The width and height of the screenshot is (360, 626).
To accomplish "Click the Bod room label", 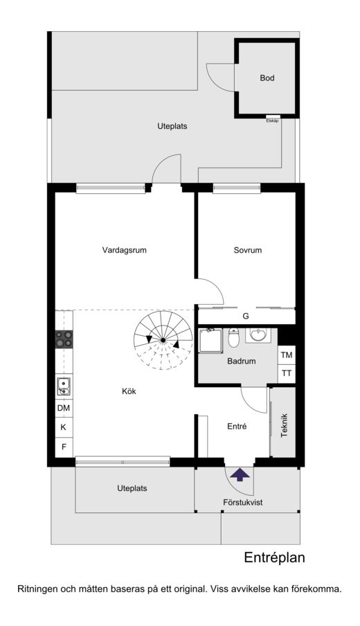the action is click(x=267, y=78).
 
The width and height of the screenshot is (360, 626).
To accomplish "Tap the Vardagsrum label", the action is click(x=124, y=250).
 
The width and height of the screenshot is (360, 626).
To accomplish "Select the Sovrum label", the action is click(x=247, y=250).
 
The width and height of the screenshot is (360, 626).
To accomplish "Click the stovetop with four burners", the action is click(x=64, y=339).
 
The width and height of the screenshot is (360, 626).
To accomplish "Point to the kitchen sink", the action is click(x=64, y=386).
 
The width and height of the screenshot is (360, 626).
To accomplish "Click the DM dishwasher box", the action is click(x=64, y=408).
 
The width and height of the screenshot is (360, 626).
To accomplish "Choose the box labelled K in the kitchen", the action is click(x=64, y=427).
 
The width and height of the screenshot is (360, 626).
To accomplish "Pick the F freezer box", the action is click(x=64, y=447).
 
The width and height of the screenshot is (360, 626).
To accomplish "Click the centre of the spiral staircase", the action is click(x=163, y=340).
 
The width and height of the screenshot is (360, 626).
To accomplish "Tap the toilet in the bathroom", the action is click(x=233, y=338).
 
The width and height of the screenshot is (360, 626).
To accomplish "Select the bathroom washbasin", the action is click(x=258, y=335).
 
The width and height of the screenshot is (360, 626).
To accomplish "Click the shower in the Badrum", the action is click(x=210, y=341).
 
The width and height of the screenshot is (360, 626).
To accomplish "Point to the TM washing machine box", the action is click(x=286, y=355).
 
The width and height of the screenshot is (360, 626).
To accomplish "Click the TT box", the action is click(x=286, y=374).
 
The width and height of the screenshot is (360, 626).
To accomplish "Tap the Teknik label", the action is click(x=284, y=426).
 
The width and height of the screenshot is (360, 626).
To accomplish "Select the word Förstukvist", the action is click(x=243, y=502).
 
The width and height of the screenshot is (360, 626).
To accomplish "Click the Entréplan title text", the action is click(x=275, y=557).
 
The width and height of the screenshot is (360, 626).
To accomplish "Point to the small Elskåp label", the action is click(x=272, y=120).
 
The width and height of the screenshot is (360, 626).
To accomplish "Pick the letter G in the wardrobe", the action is click(x=246, y=316).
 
